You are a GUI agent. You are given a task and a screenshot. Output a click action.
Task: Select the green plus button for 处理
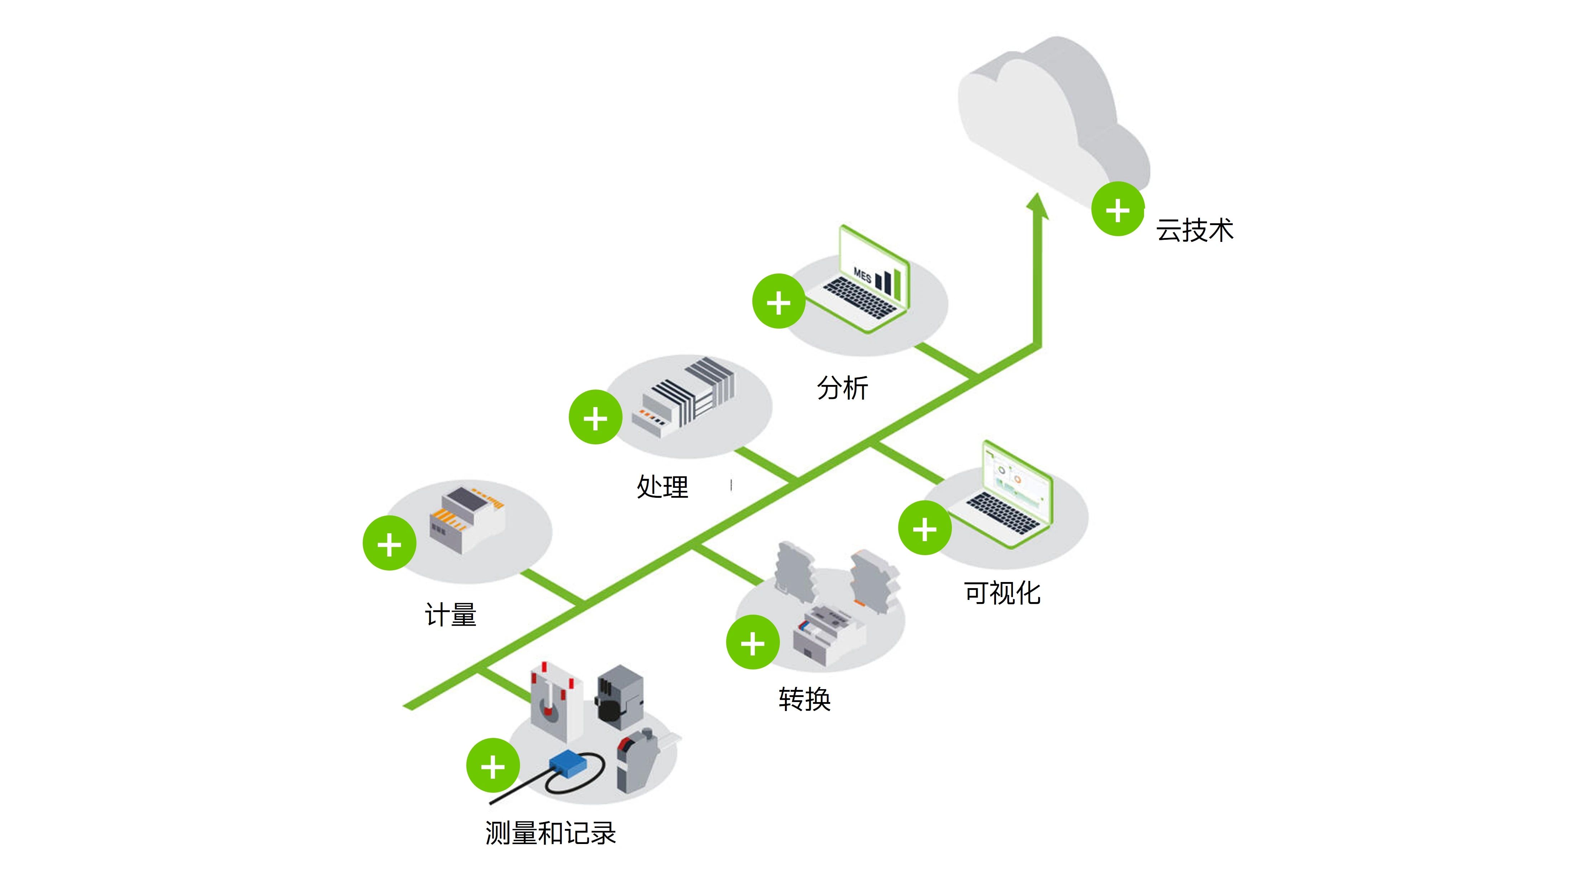click(x=595, y=418)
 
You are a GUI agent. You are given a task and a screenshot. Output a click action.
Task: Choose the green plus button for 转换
click(x=752, y=643)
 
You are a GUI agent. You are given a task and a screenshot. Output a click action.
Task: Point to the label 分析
click(x=842, y=388)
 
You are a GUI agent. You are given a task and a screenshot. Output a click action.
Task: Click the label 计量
click(x=451, y=615)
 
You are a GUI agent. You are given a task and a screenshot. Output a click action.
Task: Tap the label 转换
click(x=804, y=699)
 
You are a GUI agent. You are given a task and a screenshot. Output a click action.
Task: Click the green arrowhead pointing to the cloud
click(x=1037, y=207)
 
